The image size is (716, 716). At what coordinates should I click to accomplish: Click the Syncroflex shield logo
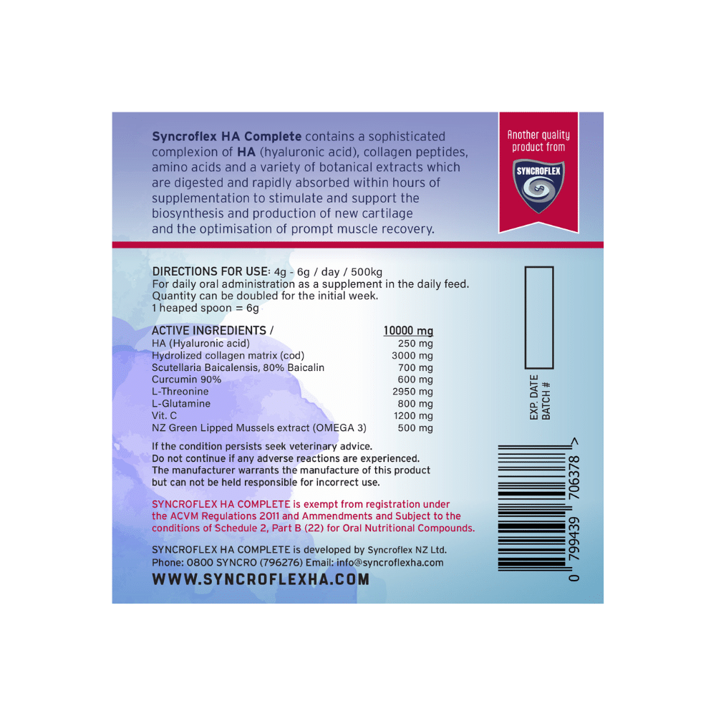click(538, 185)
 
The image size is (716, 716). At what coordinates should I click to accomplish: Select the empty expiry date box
click(539, 316)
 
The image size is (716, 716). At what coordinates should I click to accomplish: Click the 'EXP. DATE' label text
click(534, 397)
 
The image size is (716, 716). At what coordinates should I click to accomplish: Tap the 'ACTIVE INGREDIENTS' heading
click(209, 331)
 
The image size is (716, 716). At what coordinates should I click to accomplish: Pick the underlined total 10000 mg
click(408, 331)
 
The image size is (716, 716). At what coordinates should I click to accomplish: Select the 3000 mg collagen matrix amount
click(412, 356)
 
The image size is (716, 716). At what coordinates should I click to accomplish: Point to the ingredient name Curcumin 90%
click(187, 379)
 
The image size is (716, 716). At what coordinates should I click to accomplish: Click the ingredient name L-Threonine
click(180, 392)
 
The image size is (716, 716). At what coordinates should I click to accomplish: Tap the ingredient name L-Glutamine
click(181, 404)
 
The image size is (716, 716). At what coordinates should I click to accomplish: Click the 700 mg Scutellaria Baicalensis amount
click(416, 367)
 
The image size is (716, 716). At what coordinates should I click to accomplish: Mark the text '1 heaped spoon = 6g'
click(205, 308)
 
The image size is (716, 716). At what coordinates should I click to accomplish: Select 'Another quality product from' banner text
click(538, 141)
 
